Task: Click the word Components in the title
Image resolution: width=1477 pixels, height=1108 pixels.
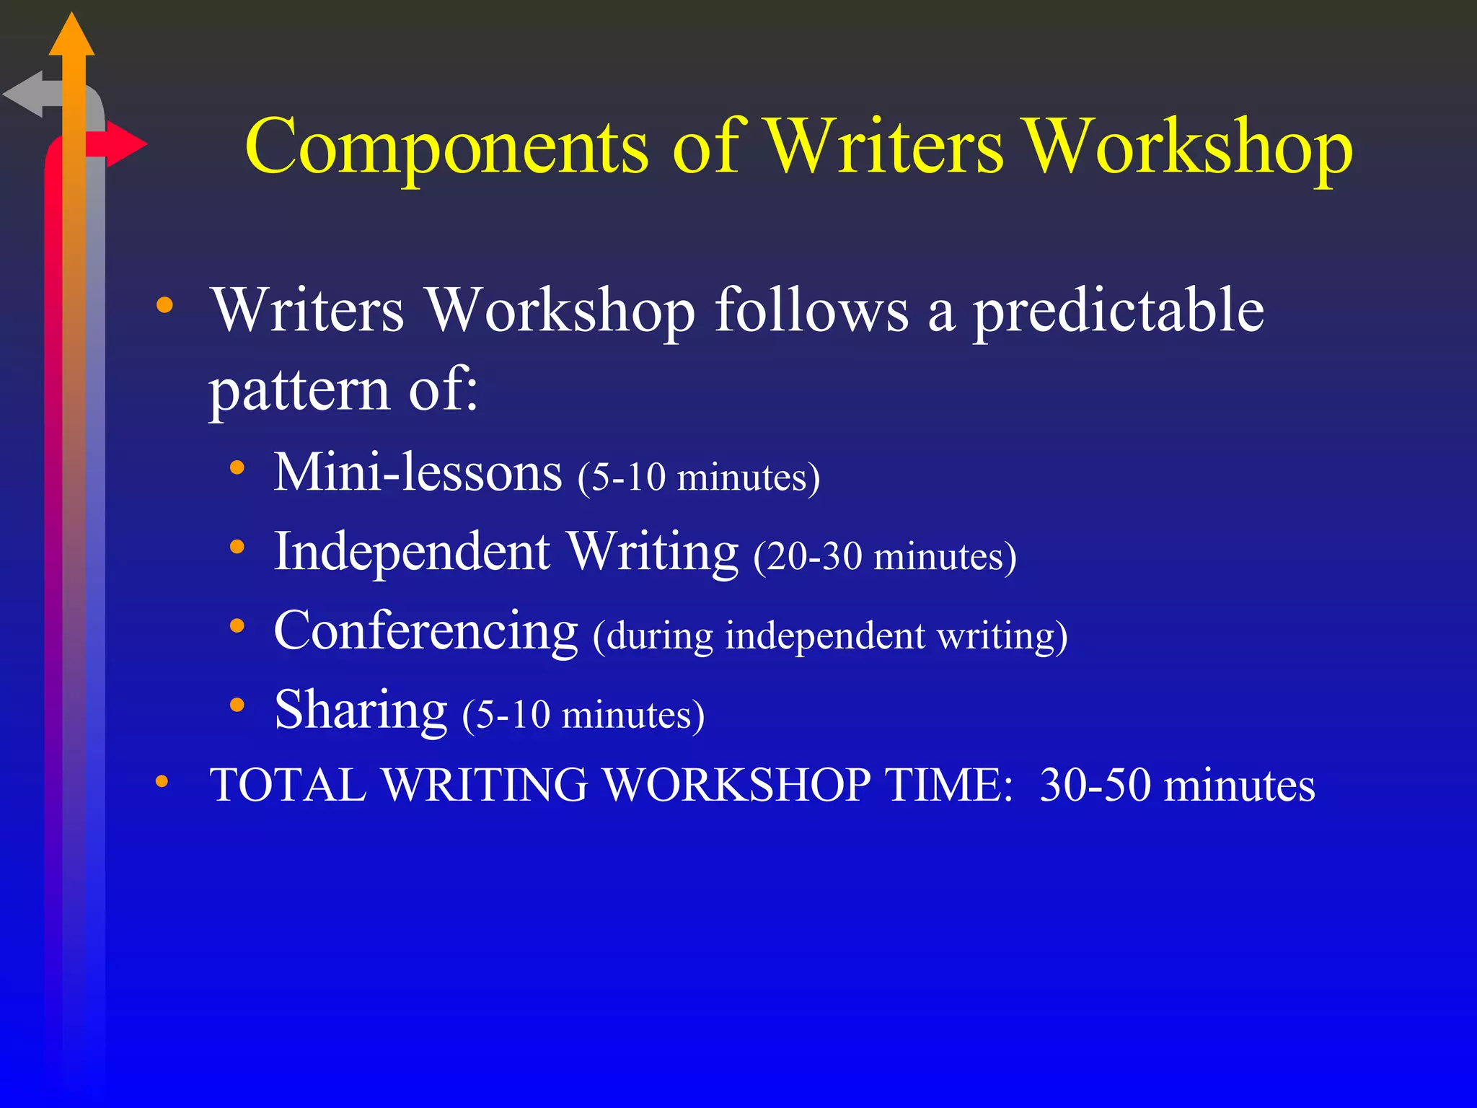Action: tap(446, 148)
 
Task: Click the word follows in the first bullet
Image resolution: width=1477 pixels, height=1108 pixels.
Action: tap(811, 310)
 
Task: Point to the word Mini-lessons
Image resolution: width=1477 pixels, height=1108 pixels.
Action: tap(418, 472)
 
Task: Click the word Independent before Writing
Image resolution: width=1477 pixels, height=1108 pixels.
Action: tap(412, 552)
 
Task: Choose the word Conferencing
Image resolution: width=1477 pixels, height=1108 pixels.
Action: tap(426, 631)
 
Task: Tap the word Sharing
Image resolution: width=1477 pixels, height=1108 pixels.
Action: tap(361, 711)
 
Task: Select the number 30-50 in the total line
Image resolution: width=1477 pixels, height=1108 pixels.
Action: tap(1095, 785)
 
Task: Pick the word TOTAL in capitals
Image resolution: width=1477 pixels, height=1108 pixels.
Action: tap(288, 785)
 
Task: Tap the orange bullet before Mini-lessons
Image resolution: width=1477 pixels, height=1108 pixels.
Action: tap(237, 468)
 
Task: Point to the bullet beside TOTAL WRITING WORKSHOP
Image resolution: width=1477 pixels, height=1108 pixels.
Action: tap(162, 781)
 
